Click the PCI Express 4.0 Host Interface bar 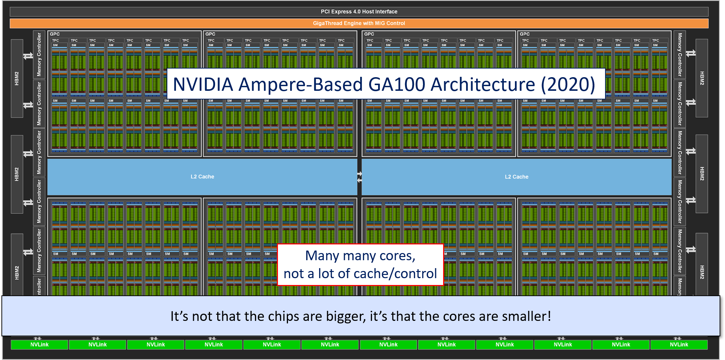[359, 11]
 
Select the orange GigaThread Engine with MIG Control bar [359, 23]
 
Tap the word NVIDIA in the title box [203, 85]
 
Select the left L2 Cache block [202, 177]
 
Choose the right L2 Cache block [516, 177]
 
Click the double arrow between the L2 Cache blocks [359, 177]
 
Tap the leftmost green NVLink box [39, 345]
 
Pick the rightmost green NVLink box [679, 345]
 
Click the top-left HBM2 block [17, 78]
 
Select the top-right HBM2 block [702, 78]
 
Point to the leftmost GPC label [55, 34]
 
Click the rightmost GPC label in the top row [525, 34]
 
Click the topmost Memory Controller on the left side [39, 55]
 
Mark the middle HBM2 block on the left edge [17, 174]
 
